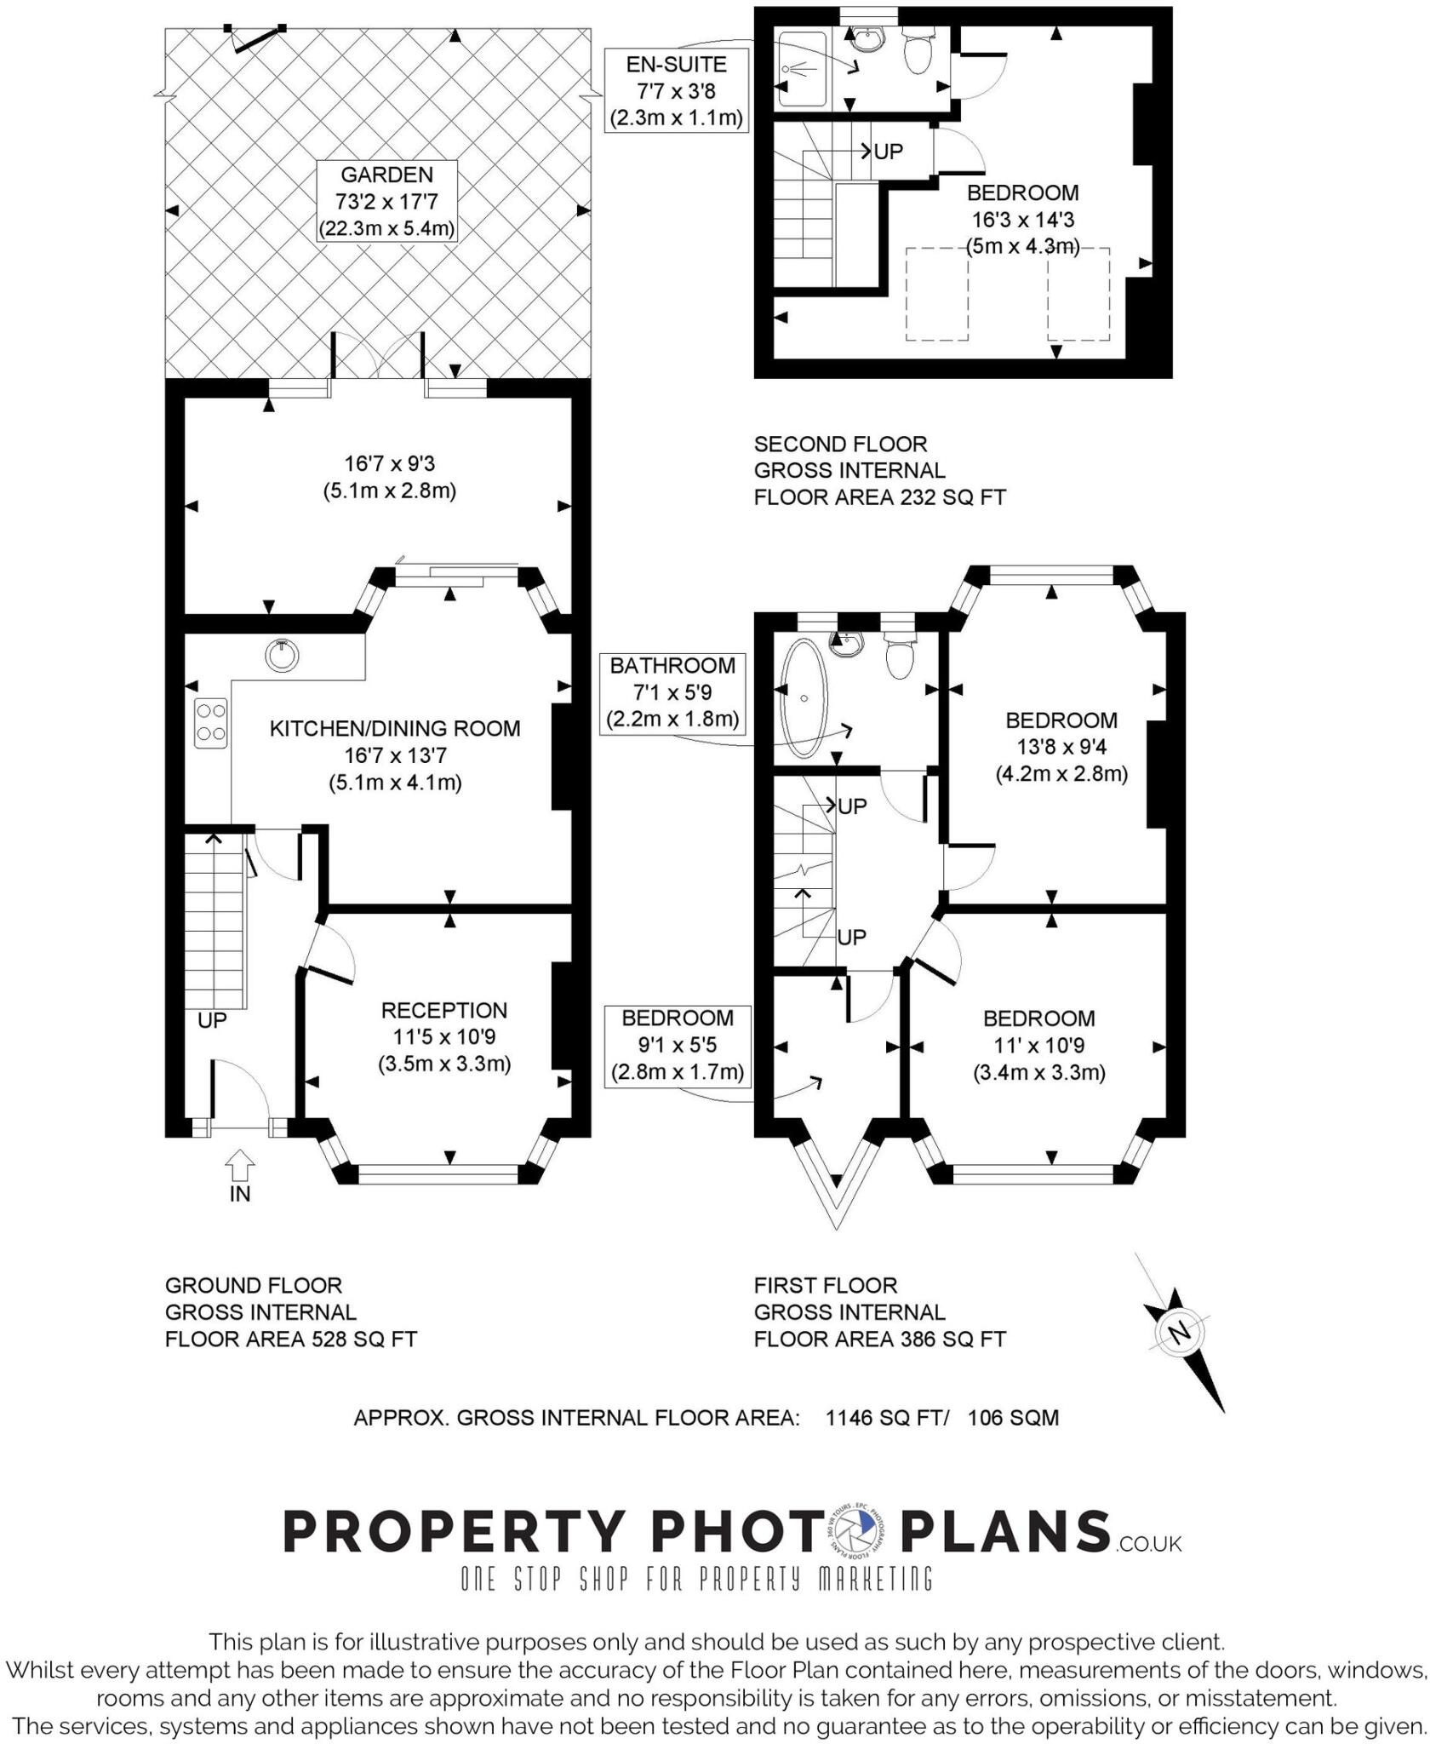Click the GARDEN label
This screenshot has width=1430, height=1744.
click(386, 175)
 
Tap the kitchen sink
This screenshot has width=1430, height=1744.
click(282, 654)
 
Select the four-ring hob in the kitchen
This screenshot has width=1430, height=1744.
click(210, 722)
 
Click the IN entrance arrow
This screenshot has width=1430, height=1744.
click(240, 1163)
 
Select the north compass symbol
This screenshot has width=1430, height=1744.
click(1180, 1333)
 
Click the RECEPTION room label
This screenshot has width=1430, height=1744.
click(443, 1010)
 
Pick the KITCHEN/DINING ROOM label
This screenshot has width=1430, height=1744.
click(395, 728)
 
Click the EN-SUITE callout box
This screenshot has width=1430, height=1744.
click(677, 90)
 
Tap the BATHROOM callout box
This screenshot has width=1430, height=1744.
click(672, 692)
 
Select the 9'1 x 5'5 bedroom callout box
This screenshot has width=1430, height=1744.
click(678, 1045)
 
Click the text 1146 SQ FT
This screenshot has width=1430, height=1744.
click(885, 1418)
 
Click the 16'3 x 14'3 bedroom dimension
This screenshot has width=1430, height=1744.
click(1023, 220)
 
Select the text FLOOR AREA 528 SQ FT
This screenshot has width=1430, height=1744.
click(290, 1340)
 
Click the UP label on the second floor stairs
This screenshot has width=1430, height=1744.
click(888, 152)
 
